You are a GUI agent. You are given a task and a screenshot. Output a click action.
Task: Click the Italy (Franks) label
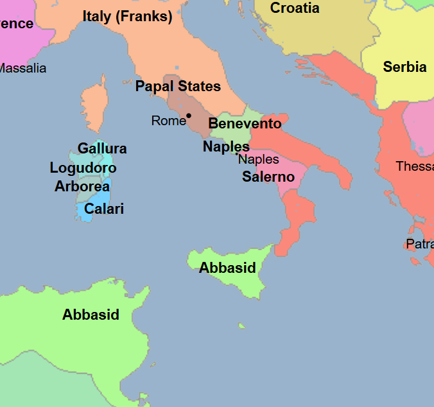[x=127, y=17]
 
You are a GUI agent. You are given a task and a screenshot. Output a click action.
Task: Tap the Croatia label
[x=295, y=8]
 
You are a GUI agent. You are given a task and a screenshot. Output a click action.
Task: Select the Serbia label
[x=404, y=67]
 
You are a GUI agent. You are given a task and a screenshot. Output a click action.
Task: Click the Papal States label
[x=178, y=86]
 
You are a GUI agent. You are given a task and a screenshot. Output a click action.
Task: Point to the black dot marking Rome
[x=189, y=116]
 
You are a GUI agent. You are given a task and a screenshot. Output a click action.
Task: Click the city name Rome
[x=168, y=121]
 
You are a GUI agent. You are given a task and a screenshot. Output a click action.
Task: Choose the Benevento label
[x=245, y=123]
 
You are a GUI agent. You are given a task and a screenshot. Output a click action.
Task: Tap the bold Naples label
[x=226, y=146]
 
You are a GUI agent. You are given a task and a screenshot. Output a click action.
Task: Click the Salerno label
[x=268, y=177]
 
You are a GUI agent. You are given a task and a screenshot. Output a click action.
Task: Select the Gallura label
[x=102, y=148]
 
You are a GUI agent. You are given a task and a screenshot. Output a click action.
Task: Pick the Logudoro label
[x=83, y=168]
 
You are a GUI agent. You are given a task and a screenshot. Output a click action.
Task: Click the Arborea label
[x=82, y=187]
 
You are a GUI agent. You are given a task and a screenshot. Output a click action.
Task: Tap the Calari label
[x=104, y=209]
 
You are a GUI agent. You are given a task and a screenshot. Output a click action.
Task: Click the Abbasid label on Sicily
[x=227, y=268]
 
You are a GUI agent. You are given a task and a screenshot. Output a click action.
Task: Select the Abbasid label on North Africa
[x=91, y=315]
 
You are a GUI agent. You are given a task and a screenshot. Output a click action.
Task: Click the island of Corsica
[x=94, y=106]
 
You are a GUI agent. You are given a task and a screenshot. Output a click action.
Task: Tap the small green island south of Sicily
[x=241, y=326]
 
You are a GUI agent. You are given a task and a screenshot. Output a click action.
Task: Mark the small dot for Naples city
[x=237, y=153]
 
